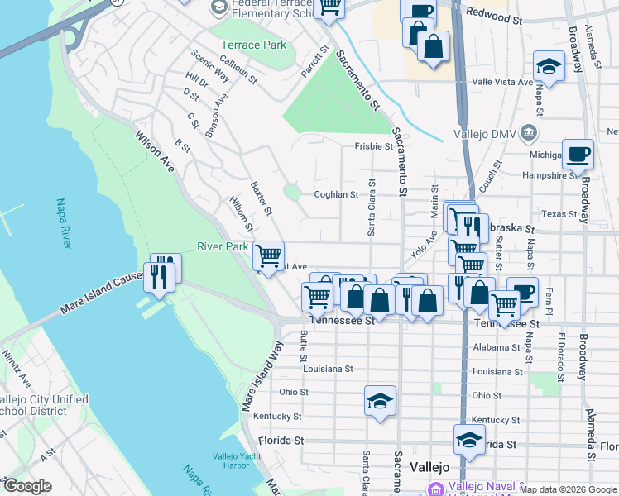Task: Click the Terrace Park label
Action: coord(252,45)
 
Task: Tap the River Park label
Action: coord(222,246)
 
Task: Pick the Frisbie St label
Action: coord(373,146)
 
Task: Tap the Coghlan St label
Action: coord(335,195)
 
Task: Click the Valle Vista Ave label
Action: coord(502,82)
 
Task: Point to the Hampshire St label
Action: coord(550,175)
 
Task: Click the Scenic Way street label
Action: coord(209,66)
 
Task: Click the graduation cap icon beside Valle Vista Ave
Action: coord(549,65)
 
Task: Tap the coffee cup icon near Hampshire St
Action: coord(578,153)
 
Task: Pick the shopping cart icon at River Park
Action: coord(268,256)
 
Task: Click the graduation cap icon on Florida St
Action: coord(469,439)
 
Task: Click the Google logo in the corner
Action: coord(27,486)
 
